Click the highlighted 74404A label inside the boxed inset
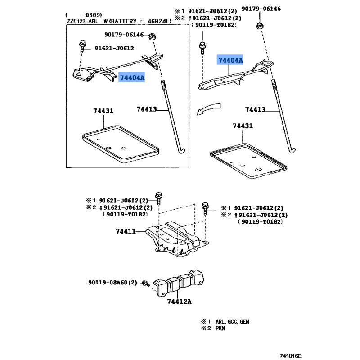pyautogui.click(x=132, y=78)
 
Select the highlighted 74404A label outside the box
pyautogui.click(x=230, y=60)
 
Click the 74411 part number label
pyautogui.click(x=126, y=231)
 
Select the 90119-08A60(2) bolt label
pyautogui.click(x=112, y=283)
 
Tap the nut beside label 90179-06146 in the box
pyautogui.click(x=153, y=36)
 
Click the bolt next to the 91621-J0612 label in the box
pyautogui.click(x=84, y=46)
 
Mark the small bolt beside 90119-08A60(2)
pyautogui.click(x=145, y=283)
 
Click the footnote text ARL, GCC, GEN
pyautogui.click(x=232, y=322)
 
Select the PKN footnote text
pyautogui.click(x=220, y=328)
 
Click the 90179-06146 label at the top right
pyautogui.click(x=274, y=9)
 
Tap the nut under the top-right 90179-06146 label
pyautogui.click(x=260, y=25)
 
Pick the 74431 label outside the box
pyautogui.click(x=243, y=126)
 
